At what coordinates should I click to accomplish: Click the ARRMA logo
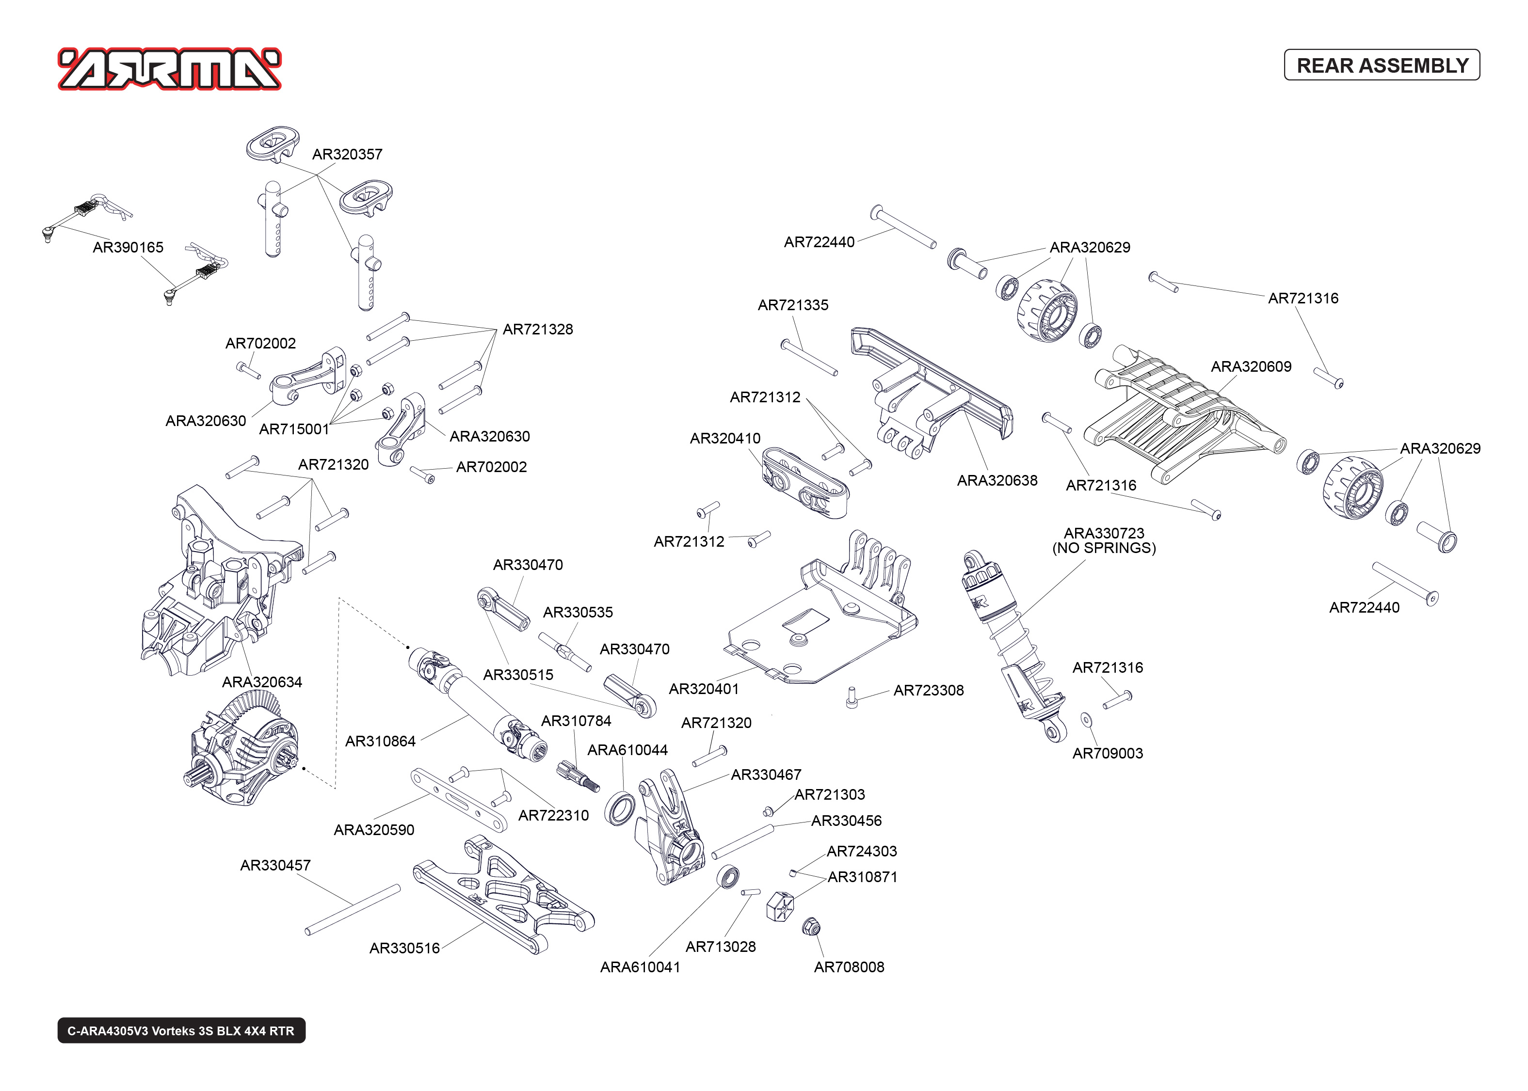click(x=169, y=68)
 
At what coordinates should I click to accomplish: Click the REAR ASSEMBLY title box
click(x=1382, y=65)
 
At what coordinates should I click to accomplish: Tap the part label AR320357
click(x=347, y=155)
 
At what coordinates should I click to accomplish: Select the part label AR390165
click(x=128, y=247)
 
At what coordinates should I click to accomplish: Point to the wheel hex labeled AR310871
click(x=779, y=905)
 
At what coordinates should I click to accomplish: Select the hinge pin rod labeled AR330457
click(x=352, y=910)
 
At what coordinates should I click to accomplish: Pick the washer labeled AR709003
click(x=1086, y=720)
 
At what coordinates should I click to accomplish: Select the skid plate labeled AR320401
click(x=820, y=625)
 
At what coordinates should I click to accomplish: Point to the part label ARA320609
click(x=1251, y=367)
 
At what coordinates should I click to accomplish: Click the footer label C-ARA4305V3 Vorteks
click(x=181, y=1030)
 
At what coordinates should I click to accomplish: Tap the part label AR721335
click(x=793, y=305)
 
